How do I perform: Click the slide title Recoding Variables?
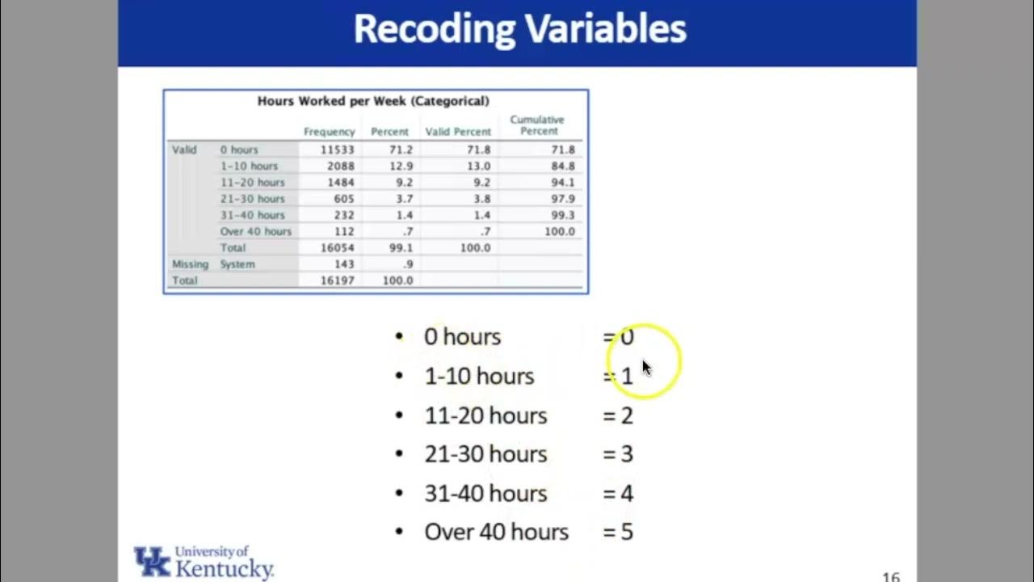pyautogui.click(x=519, y=30)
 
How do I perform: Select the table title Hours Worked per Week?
pyautogui.click(x=373, y=101)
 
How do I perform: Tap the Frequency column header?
pyautogui.click(x=329, y=132)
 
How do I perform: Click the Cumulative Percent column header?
pyautogui.click(x=537, y=125)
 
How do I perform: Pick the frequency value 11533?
pyautogui.click(x=337, y=150)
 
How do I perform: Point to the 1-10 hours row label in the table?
pyautogui.click(x=249, y=166)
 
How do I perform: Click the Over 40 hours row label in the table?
pyautogui.click(x=255, y=231)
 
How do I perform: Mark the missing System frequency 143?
pyautogui.click(x=344, y=264)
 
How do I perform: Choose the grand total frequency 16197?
pyautogui.click(x=337, y=280)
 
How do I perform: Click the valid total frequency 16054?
pyautogui.click(x=337, y=247)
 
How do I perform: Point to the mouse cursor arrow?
pyautogui.click(x=646, y=367)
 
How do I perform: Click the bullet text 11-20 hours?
pyautogui.click(x=485, y=415)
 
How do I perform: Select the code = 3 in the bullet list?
pyautogui.click(x=618, y=454)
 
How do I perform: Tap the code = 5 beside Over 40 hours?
pyautogui.click(x=618, y=532)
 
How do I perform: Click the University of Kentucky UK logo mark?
pyautogui.click(x=152, y=561)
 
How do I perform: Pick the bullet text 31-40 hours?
pyautogui.click(x=485, y=493)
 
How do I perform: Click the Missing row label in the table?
pyautogui.click(x=190, y=264)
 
